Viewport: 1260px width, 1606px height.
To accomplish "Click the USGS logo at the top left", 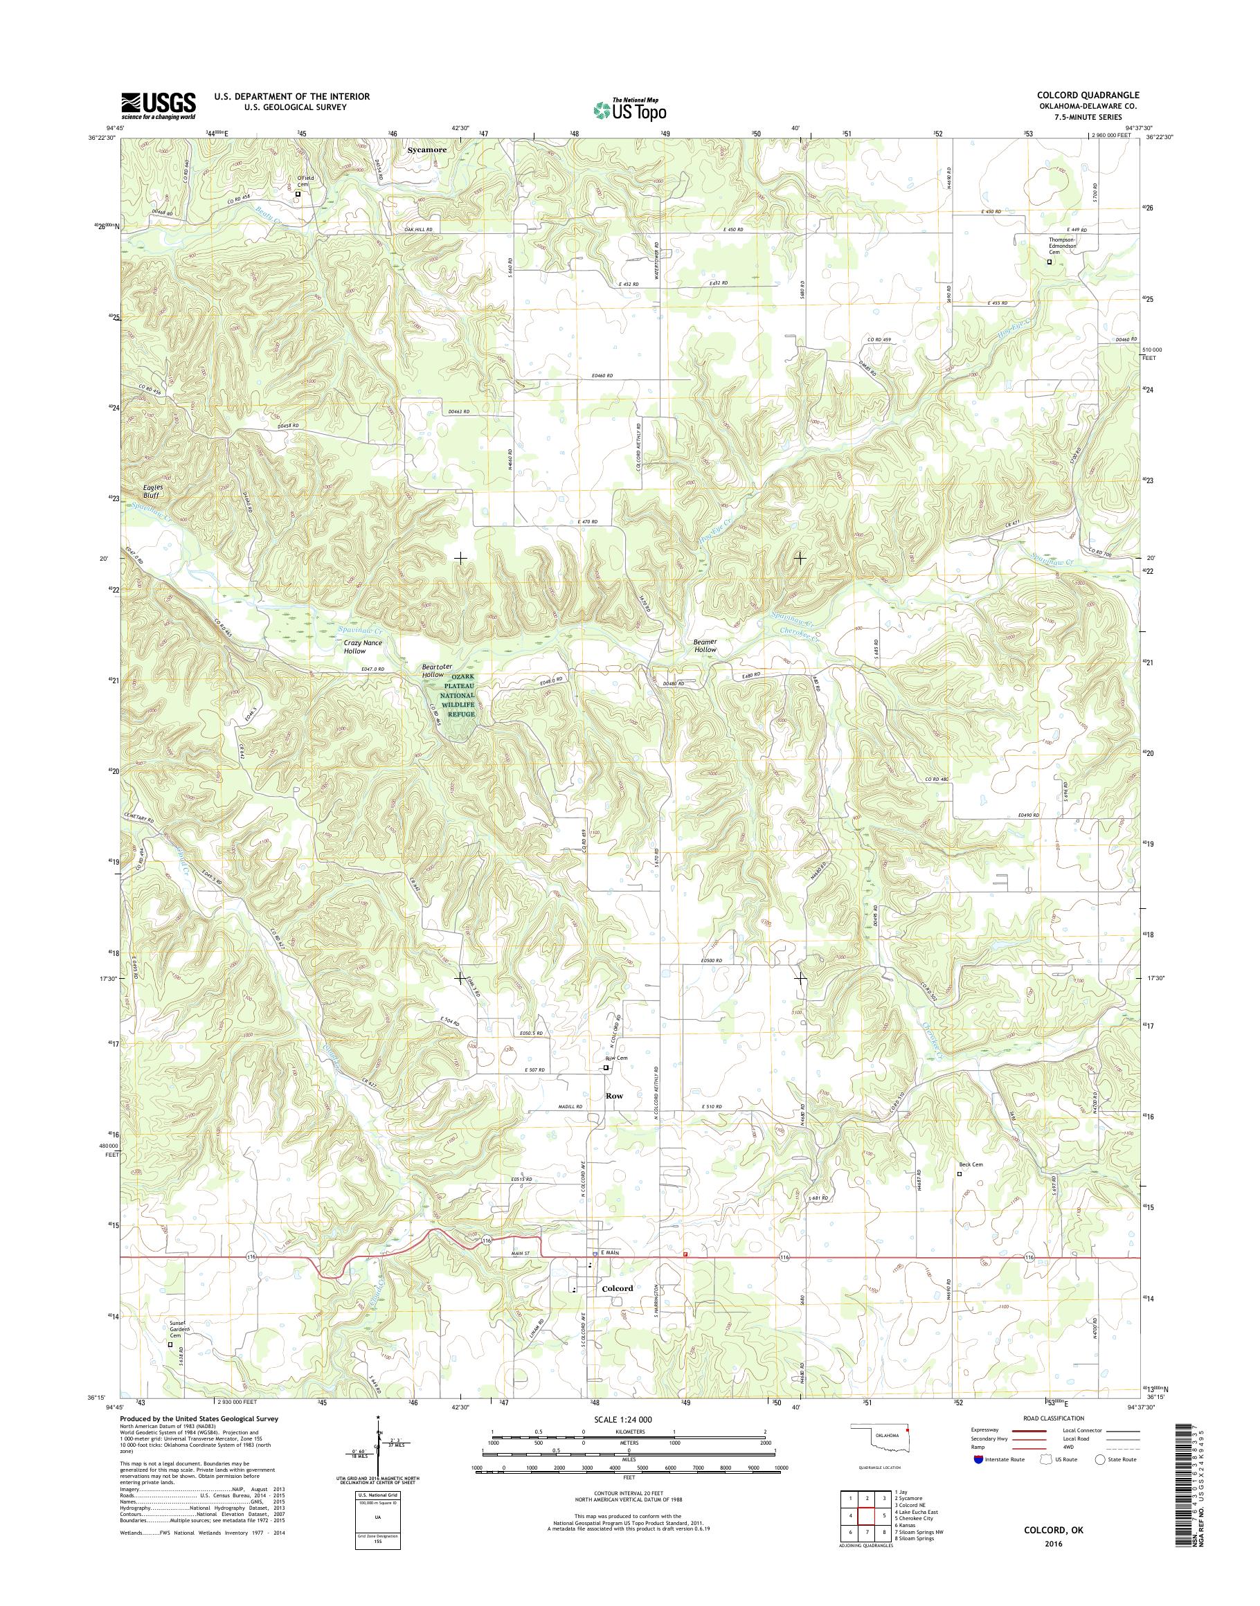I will (x=159, y=105).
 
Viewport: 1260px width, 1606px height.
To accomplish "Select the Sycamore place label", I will (x=428, y=150).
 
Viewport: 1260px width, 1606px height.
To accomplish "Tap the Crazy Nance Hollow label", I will (x=363, y=647).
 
